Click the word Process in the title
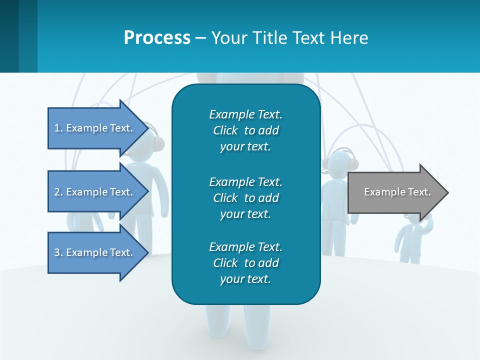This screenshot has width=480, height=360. pyautogui.click(x=157, y=38)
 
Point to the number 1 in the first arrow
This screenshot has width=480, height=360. pyautogui.click(x=56, y=128)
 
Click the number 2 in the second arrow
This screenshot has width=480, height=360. pyautogui.click(x=56, y=192)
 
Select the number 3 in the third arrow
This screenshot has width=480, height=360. pyautogui.click(x=56, y=252)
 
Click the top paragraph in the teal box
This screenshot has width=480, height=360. pyautogui.click(x=245, y=130)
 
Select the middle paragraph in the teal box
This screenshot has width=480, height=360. pyautogui.click(x=245, y=198)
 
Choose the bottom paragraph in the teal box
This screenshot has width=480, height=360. pyautogui.click(x=245, y=263)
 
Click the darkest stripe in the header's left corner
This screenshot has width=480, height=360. pyautogui.click(x=9, y=36)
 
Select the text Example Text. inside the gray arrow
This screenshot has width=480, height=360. pyautogui.click(x=397, y=192)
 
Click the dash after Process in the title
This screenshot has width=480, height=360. pyautogui.click(x=200, y=38)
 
